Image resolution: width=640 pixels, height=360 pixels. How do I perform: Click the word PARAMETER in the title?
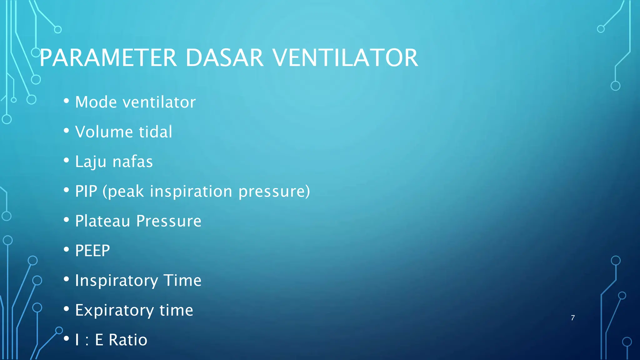pos(108,58)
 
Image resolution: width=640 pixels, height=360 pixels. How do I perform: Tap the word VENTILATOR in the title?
pos(345,58)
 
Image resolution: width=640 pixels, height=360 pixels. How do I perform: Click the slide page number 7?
pos(572,318)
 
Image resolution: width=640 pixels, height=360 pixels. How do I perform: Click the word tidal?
pos(155,132)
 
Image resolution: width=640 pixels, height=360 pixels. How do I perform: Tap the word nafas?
pos(132,162)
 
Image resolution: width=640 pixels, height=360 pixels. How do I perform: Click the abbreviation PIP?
pos(86,191)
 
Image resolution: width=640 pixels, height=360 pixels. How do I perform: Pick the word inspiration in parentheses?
pos(191,191)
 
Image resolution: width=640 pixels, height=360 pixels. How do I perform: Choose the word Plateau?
pos(102,221)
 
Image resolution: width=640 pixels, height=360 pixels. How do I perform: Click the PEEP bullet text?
pos(92,251)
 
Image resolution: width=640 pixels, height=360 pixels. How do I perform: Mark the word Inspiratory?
pos(116,281)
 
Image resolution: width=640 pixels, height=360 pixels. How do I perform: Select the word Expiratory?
pos(114,310)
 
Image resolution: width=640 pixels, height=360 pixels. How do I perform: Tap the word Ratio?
pos(128,340)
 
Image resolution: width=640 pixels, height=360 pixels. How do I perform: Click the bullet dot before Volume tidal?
pos(66,131)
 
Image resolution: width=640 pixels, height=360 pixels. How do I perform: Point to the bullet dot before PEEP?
pos(66,249)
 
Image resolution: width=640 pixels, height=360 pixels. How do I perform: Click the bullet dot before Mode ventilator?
pos(66,101)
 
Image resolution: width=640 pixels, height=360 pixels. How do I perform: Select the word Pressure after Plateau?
pos(169,221)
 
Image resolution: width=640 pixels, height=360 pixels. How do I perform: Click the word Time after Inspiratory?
pos(182,280)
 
